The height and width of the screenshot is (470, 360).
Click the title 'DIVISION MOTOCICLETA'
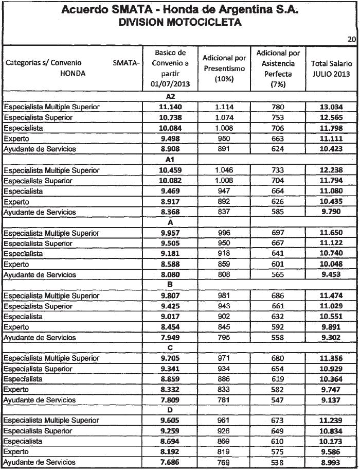coord(179,23)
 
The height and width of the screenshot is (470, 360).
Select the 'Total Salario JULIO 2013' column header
coord(331,69)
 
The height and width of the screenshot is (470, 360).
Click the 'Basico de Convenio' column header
coord(170,68)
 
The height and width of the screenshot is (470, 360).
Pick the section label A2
coord(170,96)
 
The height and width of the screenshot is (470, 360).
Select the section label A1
coord(170,160)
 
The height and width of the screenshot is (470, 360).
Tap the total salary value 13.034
coord(331,107)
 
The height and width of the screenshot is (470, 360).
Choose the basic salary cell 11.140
coord(170,107)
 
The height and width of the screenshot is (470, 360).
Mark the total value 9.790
coord(331,212)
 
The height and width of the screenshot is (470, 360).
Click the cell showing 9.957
coord(170,233)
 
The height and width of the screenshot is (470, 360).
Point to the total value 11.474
coord(331,296)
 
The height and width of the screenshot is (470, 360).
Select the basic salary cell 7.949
coord(170,338)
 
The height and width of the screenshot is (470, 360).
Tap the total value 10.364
coord(331,379)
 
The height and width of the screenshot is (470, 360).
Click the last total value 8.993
coord(331,463)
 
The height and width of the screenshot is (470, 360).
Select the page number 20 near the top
coord(352,39)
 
